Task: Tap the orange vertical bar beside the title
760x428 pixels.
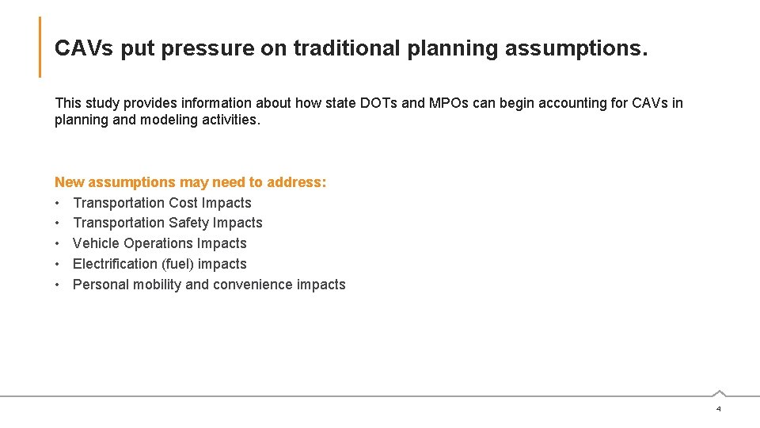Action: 40,48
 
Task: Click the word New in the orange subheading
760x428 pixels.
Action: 69,182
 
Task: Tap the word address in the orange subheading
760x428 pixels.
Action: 296,182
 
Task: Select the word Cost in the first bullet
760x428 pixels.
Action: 184,203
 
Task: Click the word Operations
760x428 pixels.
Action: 156,243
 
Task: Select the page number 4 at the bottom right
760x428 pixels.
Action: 718,409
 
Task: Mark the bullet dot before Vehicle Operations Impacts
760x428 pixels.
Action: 59,243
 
